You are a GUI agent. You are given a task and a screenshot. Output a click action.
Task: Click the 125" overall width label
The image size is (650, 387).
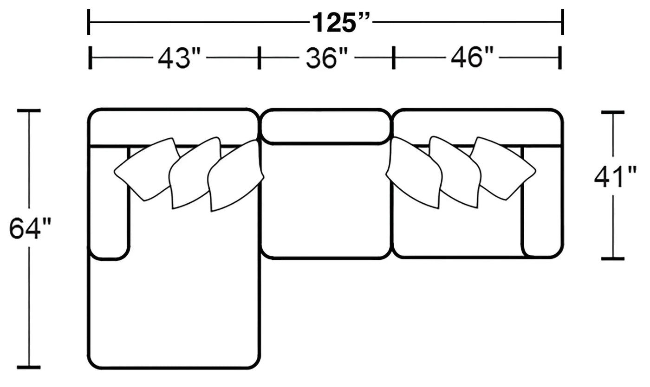[341, 23]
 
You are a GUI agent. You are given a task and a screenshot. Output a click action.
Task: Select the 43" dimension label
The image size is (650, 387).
[179, 58]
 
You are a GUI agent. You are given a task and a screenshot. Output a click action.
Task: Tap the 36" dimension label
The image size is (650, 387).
[327, 58]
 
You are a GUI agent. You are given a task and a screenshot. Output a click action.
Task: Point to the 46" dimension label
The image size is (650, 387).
[472, 58]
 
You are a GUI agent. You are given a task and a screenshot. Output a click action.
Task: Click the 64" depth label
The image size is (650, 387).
[30, 229]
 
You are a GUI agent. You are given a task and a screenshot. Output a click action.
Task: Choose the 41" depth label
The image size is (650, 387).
[615, 177]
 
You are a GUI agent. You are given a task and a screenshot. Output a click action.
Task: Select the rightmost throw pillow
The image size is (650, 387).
[502, 168]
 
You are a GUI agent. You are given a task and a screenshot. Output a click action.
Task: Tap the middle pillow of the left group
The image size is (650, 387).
[195, 173]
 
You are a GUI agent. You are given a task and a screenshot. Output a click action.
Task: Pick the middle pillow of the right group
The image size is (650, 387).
[455, 172]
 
